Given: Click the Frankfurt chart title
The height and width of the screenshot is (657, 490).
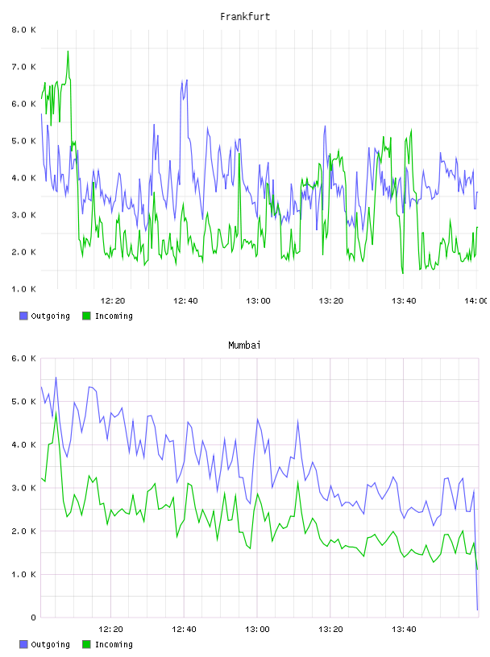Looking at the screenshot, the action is click(245, 17).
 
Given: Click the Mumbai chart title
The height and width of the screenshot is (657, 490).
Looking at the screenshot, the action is click(244, 345).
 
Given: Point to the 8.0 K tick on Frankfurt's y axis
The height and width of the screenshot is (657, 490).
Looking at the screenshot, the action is click(23, 30).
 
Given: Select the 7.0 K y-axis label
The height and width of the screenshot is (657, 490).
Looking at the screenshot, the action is click(23, 67).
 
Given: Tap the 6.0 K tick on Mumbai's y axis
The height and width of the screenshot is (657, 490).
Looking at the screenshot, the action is click(23, 358).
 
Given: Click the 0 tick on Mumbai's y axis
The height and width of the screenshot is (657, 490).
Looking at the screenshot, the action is click(33, 618).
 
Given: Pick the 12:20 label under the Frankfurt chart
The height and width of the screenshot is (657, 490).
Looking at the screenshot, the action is click(113, 301).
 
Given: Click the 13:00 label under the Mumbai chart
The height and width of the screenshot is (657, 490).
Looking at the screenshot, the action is click(257, 630).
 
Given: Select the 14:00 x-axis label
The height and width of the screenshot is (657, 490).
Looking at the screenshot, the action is click(476, 301).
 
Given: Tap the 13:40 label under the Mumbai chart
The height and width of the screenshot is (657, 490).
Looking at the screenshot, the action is click(404, 630).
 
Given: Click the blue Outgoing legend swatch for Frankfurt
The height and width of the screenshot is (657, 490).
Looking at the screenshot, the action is click(23, 316).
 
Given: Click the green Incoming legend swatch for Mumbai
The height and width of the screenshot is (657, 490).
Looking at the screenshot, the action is click(86, 644).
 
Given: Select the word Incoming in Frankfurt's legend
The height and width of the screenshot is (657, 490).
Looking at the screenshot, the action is click(114, 316).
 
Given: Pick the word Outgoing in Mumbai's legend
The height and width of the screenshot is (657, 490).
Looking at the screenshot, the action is click(50, 644).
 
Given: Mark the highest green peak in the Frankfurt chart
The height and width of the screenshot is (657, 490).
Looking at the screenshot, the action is click(68, 51).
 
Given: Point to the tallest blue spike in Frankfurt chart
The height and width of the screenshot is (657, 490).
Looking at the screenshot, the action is click(187, 80).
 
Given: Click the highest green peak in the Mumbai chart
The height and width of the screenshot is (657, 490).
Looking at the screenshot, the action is click(56, 413).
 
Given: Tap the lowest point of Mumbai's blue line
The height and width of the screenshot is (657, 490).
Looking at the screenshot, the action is click(477, 609).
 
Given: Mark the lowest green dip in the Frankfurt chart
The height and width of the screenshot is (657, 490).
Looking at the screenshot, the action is click(403, 273).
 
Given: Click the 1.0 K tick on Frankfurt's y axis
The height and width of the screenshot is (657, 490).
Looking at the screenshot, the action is click(23, 289).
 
